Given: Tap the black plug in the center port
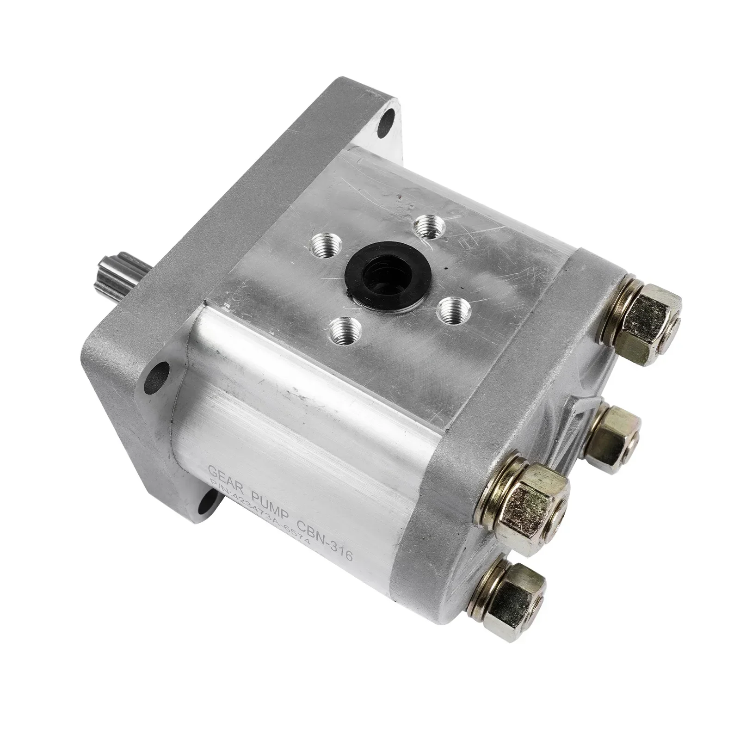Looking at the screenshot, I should (x=377, y=273).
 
